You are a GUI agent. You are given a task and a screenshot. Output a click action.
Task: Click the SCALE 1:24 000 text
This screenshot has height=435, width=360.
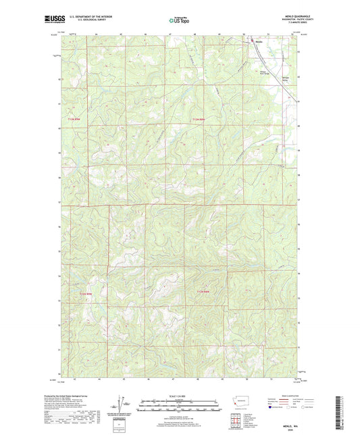point(179,396)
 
